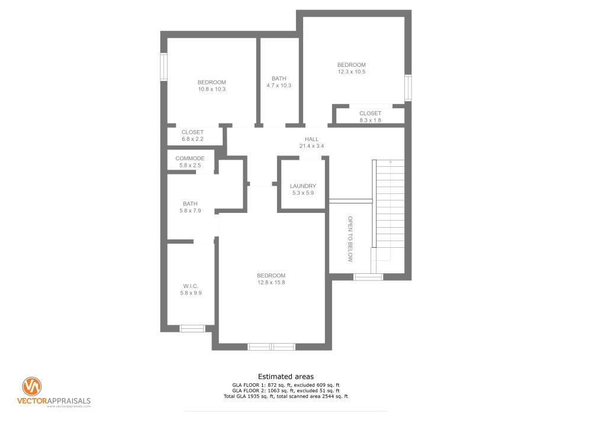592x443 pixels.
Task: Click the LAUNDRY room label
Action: click(303, 186)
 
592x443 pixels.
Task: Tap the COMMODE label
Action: click(190, 159)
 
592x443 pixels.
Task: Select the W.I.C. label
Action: click(191, 286)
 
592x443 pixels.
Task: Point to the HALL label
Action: click(311, 139)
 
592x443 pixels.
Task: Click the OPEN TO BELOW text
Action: click(350, 239)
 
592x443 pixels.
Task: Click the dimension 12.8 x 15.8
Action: click(271, 282)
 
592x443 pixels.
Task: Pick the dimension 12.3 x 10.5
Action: click(352, 72)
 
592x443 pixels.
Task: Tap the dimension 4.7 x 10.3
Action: click(279, 85)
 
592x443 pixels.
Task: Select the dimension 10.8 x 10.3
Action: click(212, 89)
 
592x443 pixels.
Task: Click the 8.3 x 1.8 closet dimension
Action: click(370, 121)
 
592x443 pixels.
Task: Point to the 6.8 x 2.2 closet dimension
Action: click(192, 139)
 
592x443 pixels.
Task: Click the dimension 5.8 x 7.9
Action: click(190, 211)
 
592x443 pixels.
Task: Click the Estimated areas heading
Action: click(286, 377)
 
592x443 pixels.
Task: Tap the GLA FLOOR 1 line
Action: click(286, 385)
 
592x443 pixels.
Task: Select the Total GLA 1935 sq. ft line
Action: click(286, 397)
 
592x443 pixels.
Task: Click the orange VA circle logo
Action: click(32, 386)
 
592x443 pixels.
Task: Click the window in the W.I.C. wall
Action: click(192, 328)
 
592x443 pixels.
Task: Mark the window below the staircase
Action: click(368, 277)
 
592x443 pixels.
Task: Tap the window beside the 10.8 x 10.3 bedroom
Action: click(164, 67)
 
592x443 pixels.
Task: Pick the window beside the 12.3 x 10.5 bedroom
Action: click(408, 88)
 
